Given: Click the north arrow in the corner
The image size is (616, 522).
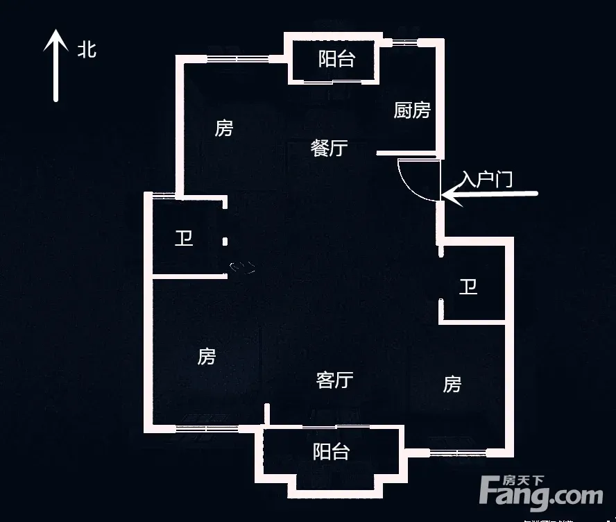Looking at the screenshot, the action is pos(55,66).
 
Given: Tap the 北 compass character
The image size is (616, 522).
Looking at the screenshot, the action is pos(87,50).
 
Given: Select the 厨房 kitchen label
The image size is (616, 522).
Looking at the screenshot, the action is pos(412,110).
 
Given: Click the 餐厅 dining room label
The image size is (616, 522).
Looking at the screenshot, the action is pos(330,148).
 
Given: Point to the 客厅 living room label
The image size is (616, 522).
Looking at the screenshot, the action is pos(335,380).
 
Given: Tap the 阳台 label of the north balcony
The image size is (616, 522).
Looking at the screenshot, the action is pos(336,59).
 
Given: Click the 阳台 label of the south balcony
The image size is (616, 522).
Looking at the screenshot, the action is pos(331,452).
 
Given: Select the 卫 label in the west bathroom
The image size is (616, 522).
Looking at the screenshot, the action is pos(184,239).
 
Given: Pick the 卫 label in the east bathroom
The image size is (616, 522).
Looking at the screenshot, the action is pos(468,287).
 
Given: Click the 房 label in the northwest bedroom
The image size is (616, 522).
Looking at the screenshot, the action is pos(224,128).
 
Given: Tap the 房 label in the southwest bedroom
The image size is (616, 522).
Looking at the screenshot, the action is pos(207,357).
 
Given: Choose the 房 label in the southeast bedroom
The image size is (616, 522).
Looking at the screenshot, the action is pos(452,384).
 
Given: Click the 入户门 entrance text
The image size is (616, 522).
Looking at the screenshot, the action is pos(487,179).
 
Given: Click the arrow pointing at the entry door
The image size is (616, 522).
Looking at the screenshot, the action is pos(490,194).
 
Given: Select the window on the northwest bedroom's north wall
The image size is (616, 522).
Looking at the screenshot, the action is pos(238,59).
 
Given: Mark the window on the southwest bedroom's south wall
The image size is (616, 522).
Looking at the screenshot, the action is pos(207,428).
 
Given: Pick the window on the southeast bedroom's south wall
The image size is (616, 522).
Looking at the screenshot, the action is pos(458,453).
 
